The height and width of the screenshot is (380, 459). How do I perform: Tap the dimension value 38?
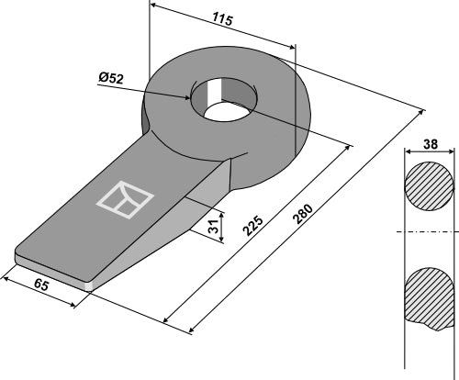pyautogui.click(x=430, y=145)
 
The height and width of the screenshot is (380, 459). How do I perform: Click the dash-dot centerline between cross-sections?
pyautogui.click(x=428, y=230)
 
